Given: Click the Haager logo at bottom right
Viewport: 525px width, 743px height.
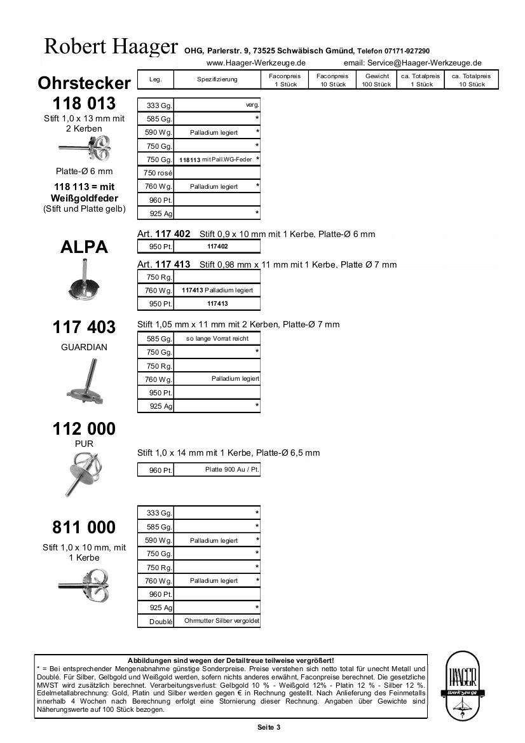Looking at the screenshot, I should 463,686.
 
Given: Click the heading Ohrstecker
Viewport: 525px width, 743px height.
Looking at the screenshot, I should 84,83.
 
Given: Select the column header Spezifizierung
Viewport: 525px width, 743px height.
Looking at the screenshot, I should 217,79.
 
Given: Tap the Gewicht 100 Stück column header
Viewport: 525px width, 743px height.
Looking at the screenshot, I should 376,80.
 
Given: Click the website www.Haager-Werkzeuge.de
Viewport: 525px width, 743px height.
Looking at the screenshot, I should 256,63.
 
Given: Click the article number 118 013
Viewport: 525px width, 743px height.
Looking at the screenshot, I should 84,104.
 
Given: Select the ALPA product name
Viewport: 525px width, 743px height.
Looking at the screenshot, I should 84,247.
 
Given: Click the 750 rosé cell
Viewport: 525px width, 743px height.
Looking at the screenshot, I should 156,172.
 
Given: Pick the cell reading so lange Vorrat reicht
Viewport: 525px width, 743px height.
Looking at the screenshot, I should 217,339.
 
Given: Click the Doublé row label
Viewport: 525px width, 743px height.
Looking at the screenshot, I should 161,622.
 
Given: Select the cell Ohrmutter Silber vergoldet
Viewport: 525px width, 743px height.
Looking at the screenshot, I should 222,621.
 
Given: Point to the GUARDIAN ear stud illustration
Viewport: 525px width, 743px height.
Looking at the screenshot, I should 85,383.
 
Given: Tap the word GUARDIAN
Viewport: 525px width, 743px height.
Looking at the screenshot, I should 84,348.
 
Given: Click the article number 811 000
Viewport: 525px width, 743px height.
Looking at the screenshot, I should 84,528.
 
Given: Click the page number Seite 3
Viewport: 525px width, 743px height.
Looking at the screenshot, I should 269,727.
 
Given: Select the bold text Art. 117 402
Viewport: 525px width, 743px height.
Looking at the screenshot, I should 164,234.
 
